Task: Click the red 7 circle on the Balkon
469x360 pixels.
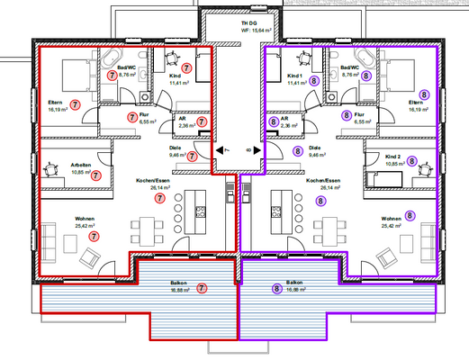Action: [x=202, y=289]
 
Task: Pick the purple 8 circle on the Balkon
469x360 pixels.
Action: [x=276, y=289]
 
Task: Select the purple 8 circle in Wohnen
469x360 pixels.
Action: [x=410, y=215]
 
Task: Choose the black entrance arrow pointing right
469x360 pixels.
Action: [x=258, y=149]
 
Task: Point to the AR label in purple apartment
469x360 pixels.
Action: [x=284, y=117]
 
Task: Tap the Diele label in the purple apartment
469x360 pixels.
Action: [x=315, y=148]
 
